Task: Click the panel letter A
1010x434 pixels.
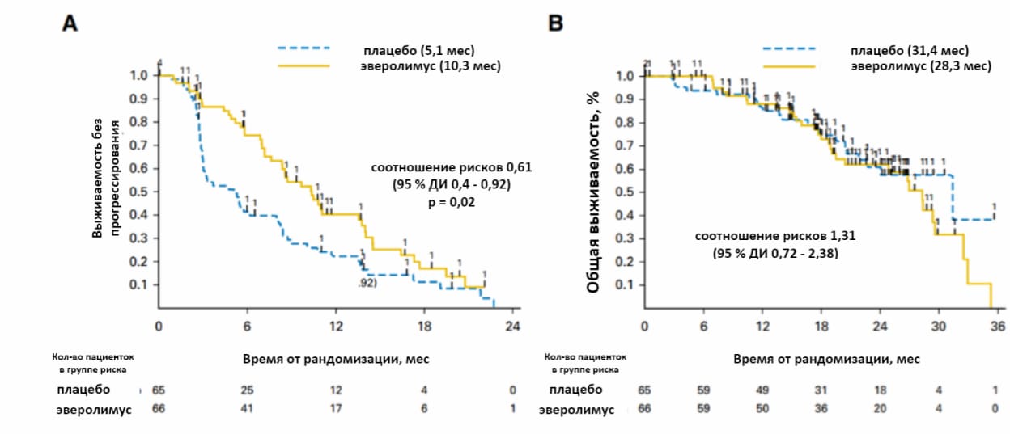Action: pos(70,24)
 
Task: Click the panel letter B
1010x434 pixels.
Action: pos(556,24)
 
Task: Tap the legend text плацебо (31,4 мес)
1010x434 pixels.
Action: pos(910,51)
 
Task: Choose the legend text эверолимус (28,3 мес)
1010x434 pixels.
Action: pos(920,65)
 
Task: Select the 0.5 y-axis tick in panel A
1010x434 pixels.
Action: pos(139,192)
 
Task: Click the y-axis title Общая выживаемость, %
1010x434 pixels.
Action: pos(593,192)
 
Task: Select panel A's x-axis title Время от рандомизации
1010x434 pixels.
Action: pos(336,358)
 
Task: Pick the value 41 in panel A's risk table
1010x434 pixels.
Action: pos(247,409)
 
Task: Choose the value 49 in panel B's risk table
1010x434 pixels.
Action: pos(762,390)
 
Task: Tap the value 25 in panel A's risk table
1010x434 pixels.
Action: pos(247,390)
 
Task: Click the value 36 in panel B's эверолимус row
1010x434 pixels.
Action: pos(821,409)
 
